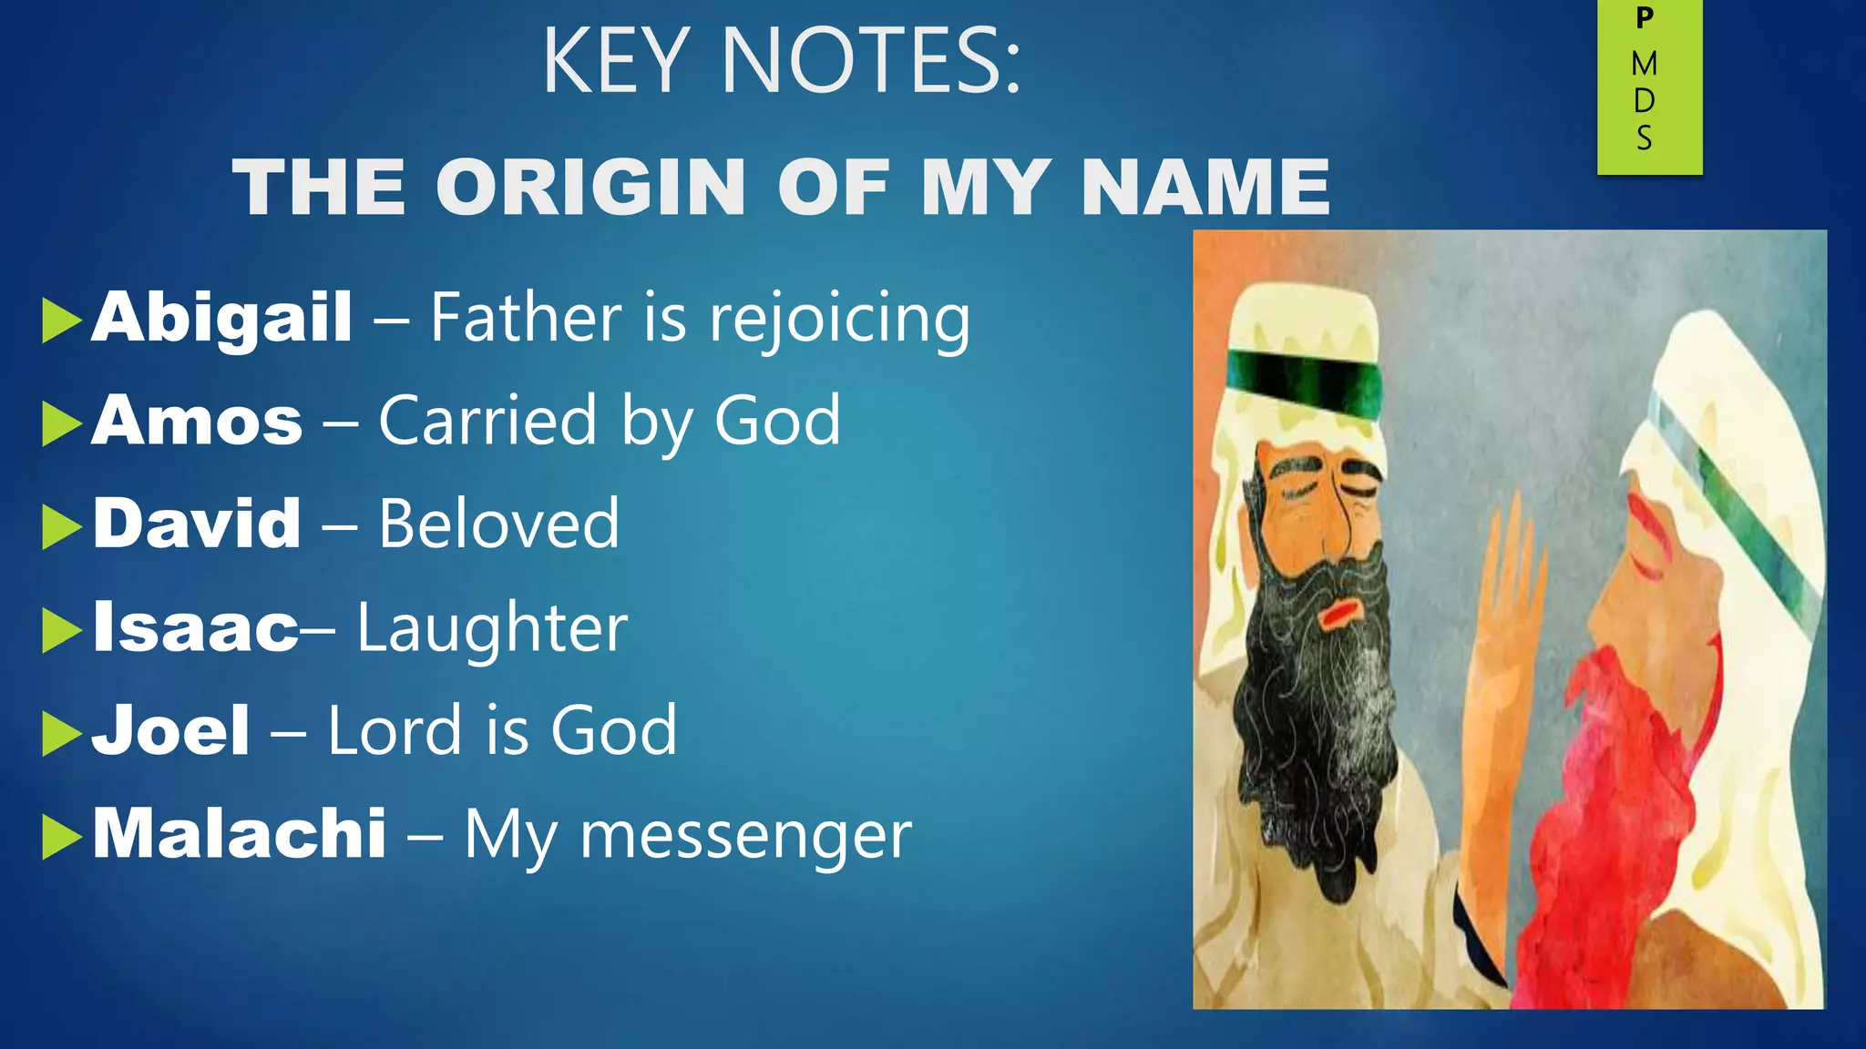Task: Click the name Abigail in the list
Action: [x=221, y=318]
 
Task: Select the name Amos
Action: [x=197, y=421]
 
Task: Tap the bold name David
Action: [x=197, y=524]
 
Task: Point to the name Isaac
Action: [x=195, y=627]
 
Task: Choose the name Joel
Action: [x=170, y=730]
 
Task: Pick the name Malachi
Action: [x=240, y=833]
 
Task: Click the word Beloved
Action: [x=499, y=524]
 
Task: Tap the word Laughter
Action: [x=492, y=628]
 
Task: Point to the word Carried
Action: [x=487, y=421]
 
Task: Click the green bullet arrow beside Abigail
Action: [x=61, y=321]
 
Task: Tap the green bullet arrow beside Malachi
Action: [x=61, y=837]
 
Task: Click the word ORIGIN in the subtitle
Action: [x=591, y=188]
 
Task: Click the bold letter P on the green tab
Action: [x=1645, y=17]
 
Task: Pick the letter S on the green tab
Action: [x=1645, y=138]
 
